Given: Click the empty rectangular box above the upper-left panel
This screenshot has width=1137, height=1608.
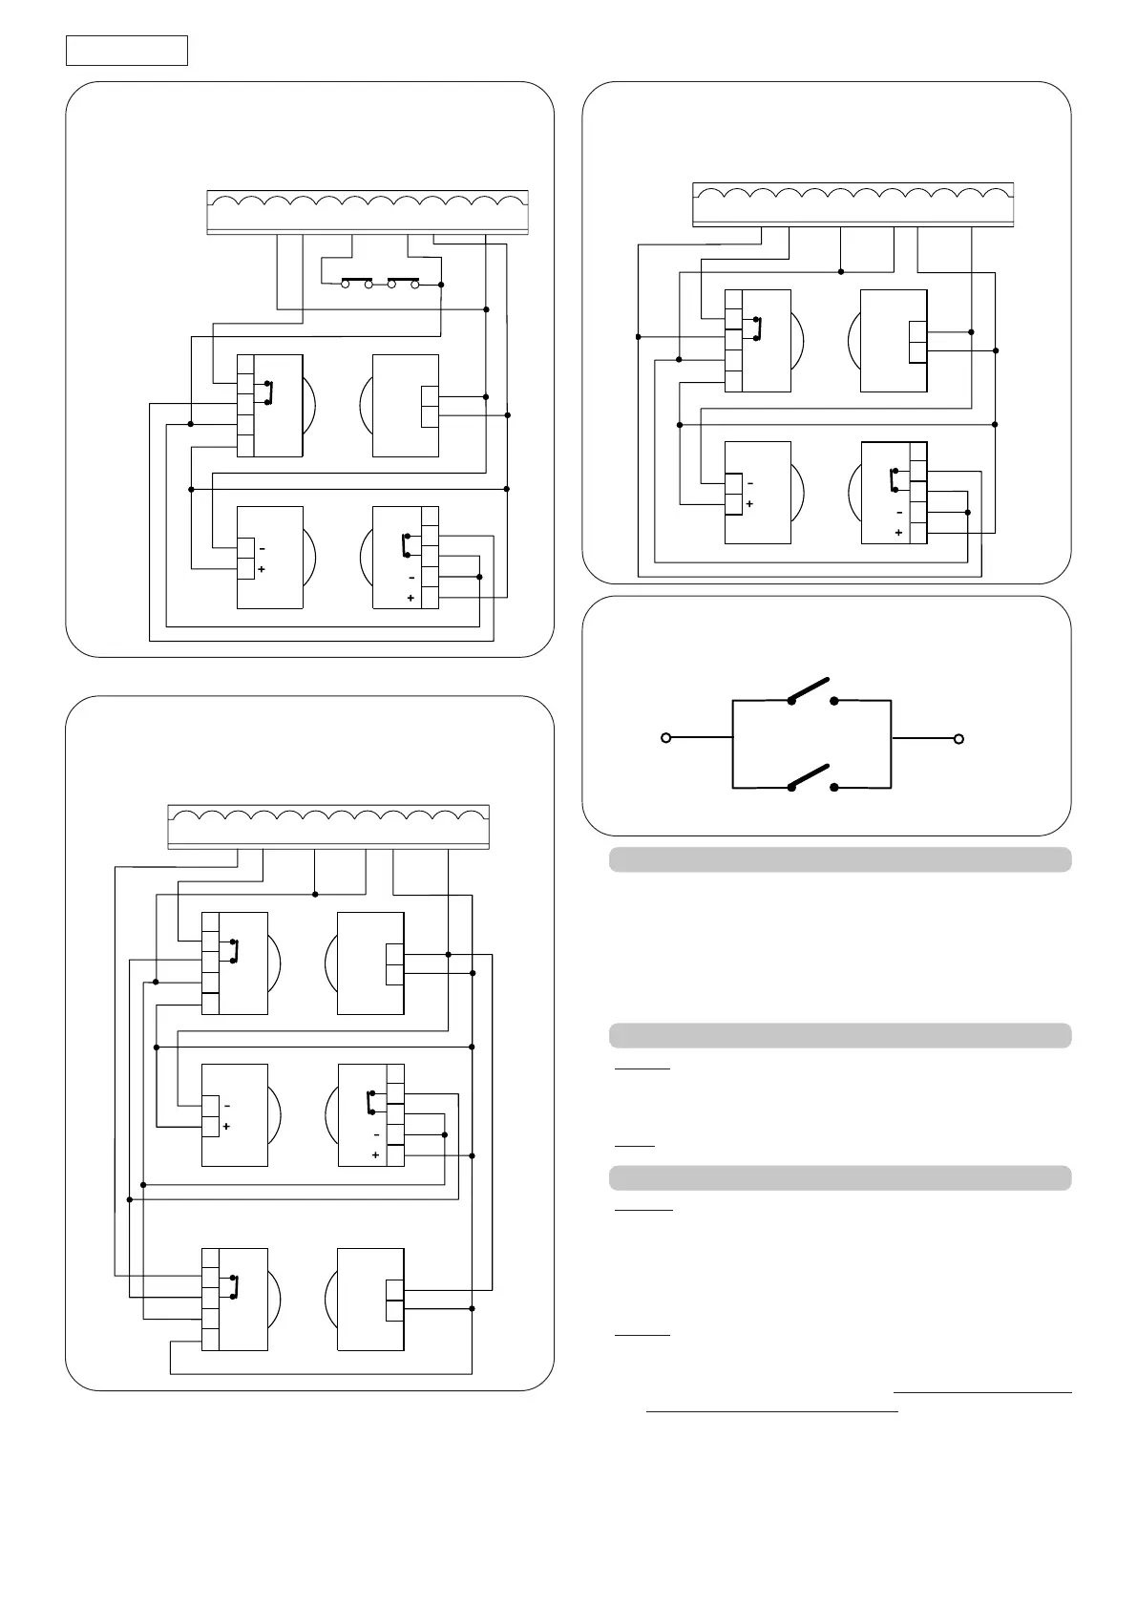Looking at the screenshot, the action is (x=126, y=51).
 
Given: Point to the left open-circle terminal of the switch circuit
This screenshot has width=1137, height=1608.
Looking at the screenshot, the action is (x=666, y=738).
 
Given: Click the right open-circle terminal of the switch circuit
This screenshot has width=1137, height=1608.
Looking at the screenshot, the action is (x=959, y=738).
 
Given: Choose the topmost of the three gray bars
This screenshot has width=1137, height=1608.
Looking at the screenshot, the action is (x=840, y=859).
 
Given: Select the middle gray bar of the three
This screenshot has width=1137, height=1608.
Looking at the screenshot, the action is (x=840, y=1036).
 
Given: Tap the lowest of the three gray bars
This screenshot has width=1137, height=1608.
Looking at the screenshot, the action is (x=840, y=1177).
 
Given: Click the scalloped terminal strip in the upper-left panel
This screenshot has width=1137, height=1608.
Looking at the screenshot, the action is (x=368, y=211).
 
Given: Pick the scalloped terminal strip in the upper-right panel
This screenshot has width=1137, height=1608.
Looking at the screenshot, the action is (x=852, y=203).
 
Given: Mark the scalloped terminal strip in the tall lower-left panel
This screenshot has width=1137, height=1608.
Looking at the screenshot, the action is (x=328, y=826).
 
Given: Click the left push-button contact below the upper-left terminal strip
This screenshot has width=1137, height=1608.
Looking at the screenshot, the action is (x=357, y=283).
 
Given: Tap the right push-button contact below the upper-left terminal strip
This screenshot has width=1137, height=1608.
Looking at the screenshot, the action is (x=403, y=283).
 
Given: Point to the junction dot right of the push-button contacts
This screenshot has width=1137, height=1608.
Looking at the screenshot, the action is (x=441, y=284).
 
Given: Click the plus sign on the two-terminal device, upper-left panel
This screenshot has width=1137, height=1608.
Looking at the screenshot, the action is (x=262, y=569).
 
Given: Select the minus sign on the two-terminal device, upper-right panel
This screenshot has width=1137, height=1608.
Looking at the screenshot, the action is (x=750, y=484).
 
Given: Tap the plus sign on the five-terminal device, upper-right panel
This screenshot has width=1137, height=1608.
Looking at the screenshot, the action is (x=898, y=533).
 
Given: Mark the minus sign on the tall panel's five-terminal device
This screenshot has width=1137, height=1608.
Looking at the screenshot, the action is (x=376, y=1134).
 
